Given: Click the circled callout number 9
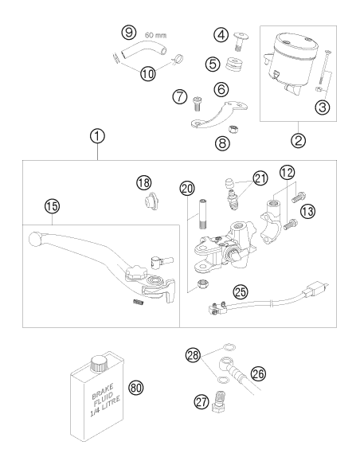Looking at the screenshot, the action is click(129, 32).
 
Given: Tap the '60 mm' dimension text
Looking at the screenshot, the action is click(155, 35).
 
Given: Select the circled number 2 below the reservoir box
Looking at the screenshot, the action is click(299, 139).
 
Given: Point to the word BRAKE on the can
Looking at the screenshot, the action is click(103, 391).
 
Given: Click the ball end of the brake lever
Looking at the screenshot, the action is click(35, 239).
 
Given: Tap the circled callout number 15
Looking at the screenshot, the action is click(52, 205).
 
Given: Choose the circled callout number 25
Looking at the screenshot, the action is click(241, 291).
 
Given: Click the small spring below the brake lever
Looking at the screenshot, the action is click(138, 303).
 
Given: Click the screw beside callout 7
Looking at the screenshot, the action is click(197, 104).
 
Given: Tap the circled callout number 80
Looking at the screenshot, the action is click(136, 388).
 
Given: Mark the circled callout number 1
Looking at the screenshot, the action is click(97, 137).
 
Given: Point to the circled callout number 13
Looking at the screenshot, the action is click(307, 212).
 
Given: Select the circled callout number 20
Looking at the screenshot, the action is click(187, 188).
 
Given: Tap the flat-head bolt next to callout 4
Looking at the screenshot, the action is click(241, 42).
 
